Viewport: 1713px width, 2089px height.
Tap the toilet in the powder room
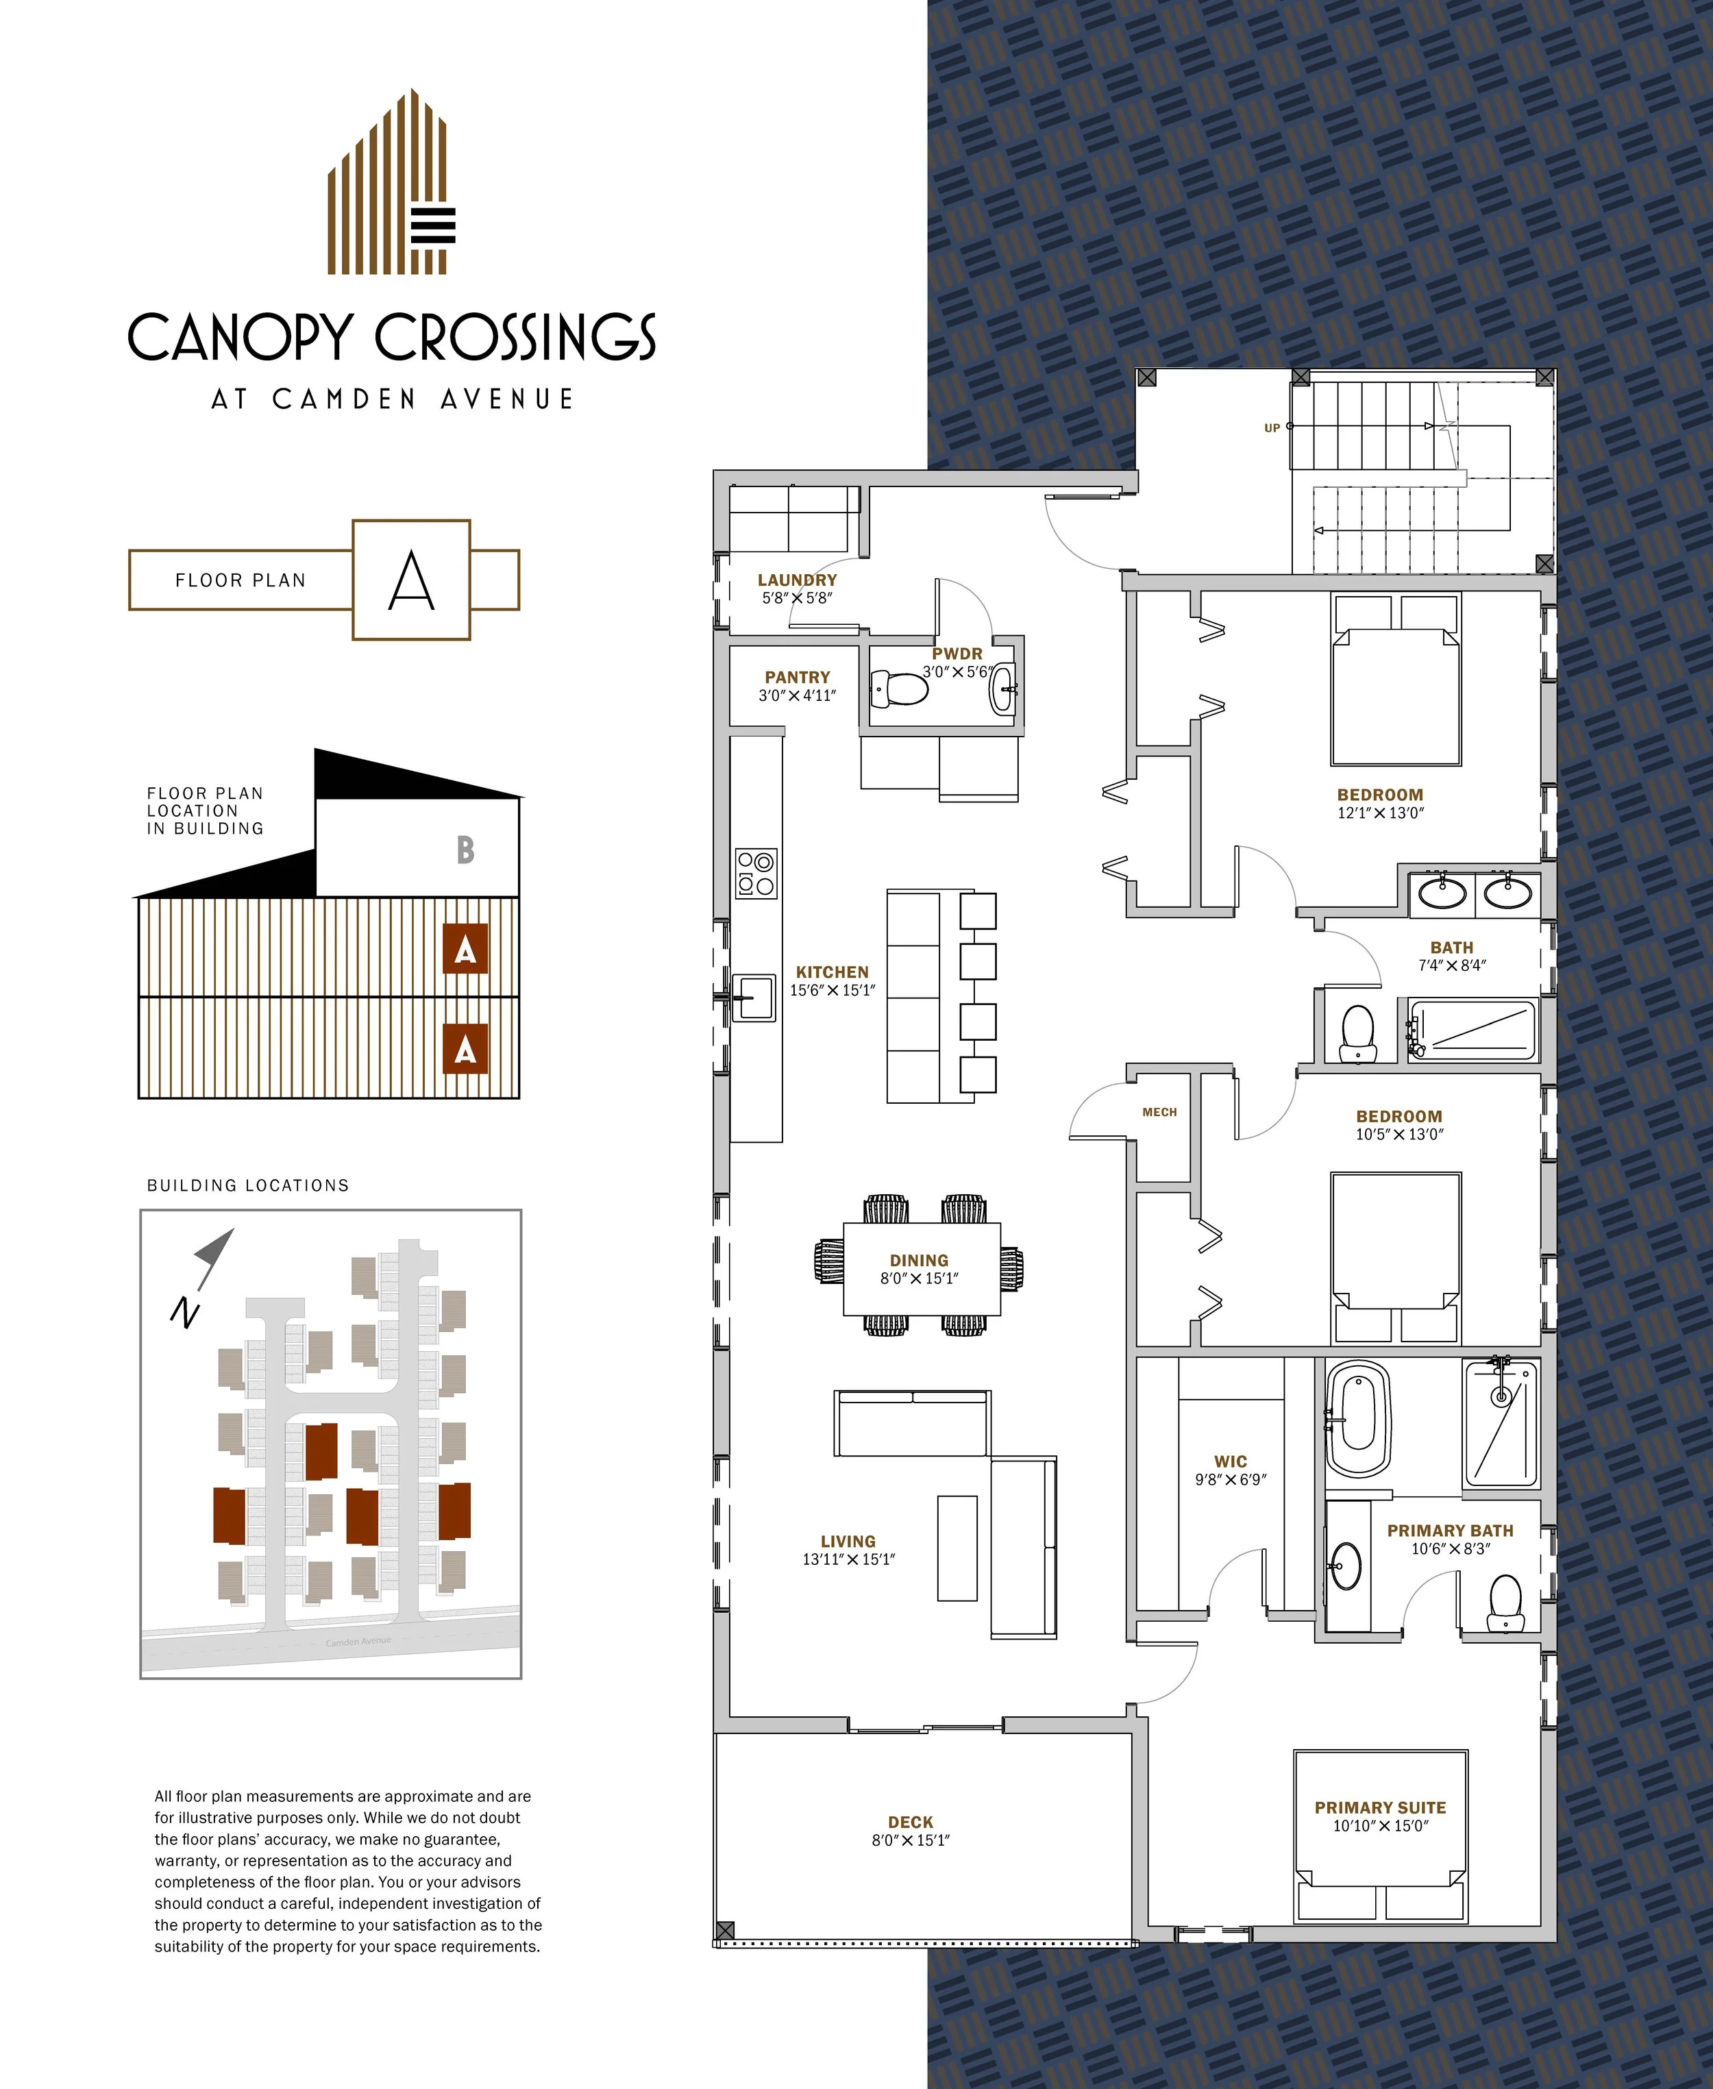pyautogui.click(x=899, y=689)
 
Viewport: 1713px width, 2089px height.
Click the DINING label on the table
pyautogui.click(x=919, y=1260)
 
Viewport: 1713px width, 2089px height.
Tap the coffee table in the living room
pyautogui.click(x=956, y=1547)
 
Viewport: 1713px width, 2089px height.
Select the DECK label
pyautogui.click(x=910, y=1822)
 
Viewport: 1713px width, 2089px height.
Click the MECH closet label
pyautogui.click(x=1159, y=1112)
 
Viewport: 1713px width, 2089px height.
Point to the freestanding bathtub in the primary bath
pyautogui.click(x=1358, y=1419)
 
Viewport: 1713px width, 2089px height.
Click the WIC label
pyautogui.click(x=1231, y=1461)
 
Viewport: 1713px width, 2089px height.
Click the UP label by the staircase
pyautogui.click(x=1272, y=428)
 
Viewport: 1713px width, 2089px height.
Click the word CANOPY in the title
pyautogui.click(x=239, y=338)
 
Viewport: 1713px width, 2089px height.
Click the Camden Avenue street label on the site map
pyautogui.click(x=358, y=1641)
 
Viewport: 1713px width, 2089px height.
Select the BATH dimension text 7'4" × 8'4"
pyautogui.click(x=1451, y=965)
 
